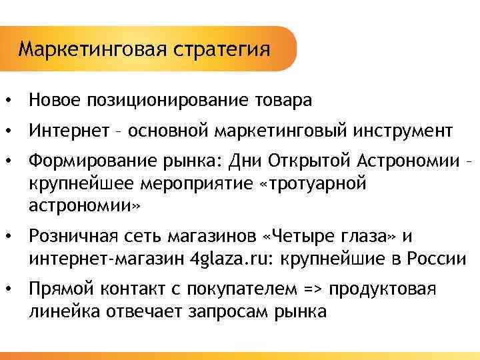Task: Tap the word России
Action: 441,258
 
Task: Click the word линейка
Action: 59,311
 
